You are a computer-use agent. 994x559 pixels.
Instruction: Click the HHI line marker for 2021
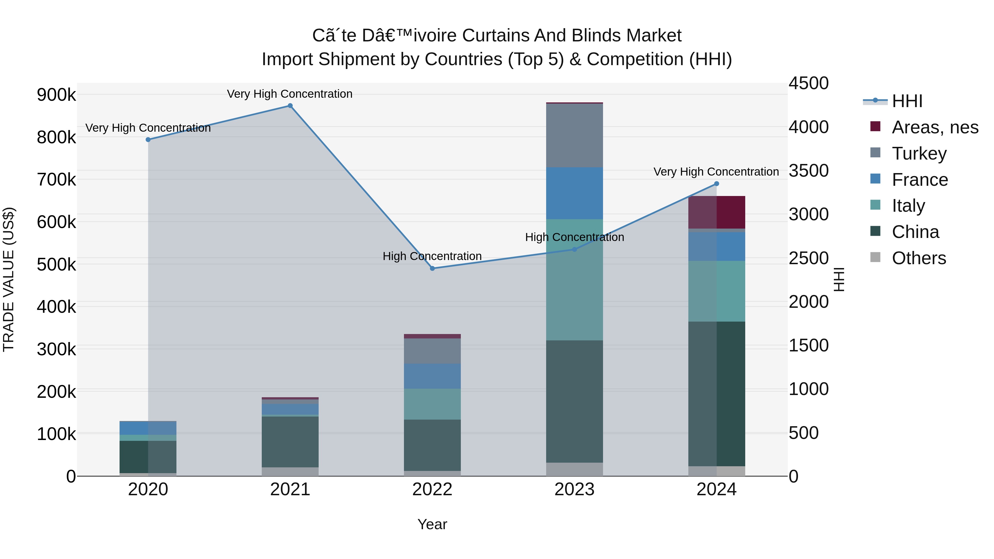click(x=290, y=106)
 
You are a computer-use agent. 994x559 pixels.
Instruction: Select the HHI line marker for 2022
click(x=432, y=269)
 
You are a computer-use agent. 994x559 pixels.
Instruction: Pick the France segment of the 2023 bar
click(x=574, y=193)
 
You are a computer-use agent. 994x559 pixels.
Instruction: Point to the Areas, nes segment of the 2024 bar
click(x=717, y=212)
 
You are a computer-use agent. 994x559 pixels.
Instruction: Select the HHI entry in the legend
click(x=907, y=101)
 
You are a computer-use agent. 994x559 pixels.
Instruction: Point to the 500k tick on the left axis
click(x=56, y=265)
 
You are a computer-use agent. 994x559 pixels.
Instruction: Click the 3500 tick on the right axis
click(x=808, y=171)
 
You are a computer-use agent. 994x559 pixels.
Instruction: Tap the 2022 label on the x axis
click(x=432, y=489)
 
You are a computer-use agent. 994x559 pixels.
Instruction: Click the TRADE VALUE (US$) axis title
click(x=9, y=279)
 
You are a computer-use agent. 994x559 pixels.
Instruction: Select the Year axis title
click(x=432, y=524)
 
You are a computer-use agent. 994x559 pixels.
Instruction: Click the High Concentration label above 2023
click(x=574, y=237)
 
